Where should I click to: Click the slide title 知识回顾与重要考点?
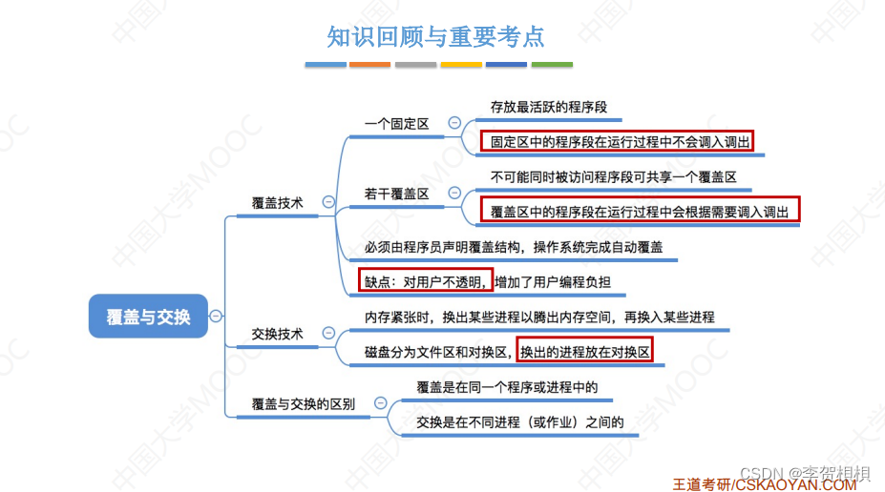click(435, 36)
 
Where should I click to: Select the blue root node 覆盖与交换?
click(148, 317)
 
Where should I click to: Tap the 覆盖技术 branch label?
click(277, 202)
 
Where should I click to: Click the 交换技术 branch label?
click(277, 334)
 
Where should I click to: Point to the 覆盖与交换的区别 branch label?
click(303, 403)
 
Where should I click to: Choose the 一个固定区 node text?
click(396, 123)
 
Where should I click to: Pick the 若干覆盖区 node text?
click(396, 194)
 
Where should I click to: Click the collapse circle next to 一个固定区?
click(453, 123)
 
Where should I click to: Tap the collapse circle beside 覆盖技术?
click(328, 202)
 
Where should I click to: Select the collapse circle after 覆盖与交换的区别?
click(381, 403)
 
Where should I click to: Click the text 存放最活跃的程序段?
click(548, 107)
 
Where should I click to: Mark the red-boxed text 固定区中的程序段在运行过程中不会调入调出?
click(617, 142)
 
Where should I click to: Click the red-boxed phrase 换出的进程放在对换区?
click(584, 352)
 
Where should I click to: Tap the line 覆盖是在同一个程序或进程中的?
click(507, 386)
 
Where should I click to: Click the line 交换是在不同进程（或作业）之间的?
click(520, 421)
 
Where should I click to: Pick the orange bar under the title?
click(369, 65)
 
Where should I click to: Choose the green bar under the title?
click(552, 65)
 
